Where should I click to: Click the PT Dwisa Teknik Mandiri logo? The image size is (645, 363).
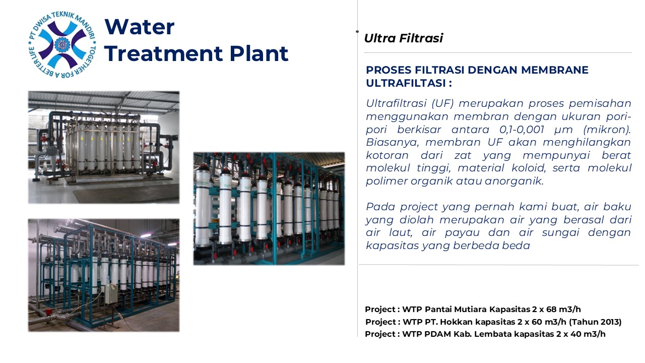click(x=62, y=45)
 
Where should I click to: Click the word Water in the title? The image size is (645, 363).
click(x=140, y=27)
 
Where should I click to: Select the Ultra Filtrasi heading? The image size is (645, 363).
click(x=404, y=38)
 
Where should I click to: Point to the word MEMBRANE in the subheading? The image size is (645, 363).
click(x=555, y=70)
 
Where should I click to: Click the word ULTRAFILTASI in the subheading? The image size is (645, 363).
click(x=406, y=83)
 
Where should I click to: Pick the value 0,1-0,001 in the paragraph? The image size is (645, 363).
click(x=522, y=130)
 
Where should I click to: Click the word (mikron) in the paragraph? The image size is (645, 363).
click(x=606, y=130)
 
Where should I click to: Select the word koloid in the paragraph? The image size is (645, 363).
click(x=528, y=168)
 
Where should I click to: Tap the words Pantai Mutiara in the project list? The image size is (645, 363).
click(x=456, y=310)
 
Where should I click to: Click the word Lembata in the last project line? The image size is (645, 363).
click(x=493, y=334)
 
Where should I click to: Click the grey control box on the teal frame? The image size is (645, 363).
click(x=110, y=294)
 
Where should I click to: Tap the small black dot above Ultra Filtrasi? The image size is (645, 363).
click(x=357, y=31)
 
